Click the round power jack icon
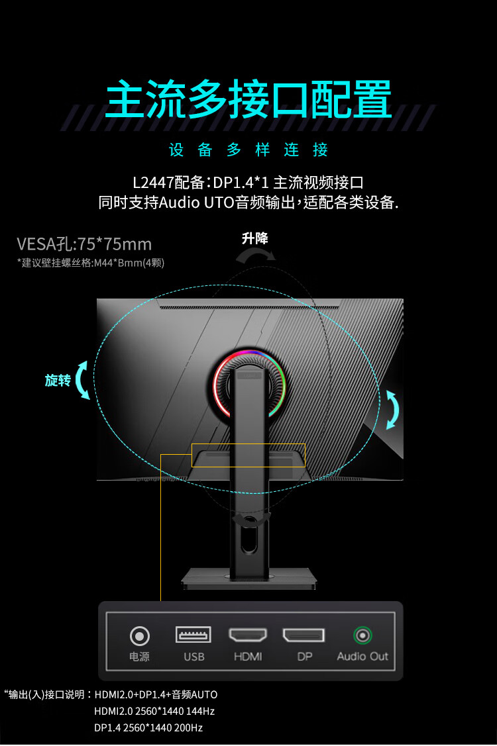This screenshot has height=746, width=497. coord(139,636)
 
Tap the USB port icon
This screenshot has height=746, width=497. coord(193,635)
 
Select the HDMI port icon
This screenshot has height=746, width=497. coord(248,635)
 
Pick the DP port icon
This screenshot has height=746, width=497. coord(304,635)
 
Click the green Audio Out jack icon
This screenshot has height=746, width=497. coord(362,635)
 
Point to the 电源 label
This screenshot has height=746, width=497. coord(139,657)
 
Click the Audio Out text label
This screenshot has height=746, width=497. coord(362,657)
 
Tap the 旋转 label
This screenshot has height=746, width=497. coord(58,381)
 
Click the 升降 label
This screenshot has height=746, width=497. coord(255,238)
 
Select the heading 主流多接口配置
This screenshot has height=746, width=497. coord(248,100)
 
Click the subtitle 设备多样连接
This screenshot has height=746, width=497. coord(248,150)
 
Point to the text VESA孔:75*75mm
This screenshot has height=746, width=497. coord(84,244)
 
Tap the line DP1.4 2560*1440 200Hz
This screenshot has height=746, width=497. coord(148,727)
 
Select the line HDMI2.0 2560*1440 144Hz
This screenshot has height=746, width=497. coord(154,711)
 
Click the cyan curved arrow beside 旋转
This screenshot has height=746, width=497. coord(83,381)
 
